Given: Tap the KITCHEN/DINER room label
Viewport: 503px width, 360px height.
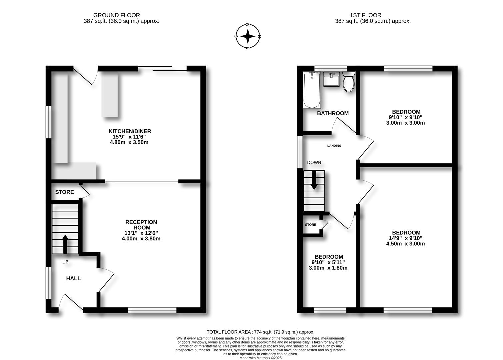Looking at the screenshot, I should pos(130,131).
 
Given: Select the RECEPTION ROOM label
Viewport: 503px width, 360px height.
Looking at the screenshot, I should pos(141,225).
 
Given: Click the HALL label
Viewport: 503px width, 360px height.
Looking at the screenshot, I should pos(73,278).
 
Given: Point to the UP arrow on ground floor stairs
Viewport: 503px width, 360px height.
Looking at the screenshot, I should pos(65,244).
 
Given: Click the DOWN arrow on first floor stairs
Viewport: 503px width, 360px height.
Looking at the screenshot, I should pos(314,182).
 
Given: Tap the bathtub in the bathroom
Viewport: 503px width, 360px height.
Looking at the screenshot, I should pos(312,90).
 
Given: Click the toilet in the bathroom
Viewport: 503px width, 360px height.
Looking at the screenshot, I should pos(349,82).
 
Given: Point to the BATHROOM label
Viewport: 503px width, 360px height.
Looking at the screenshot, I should pos(333,113).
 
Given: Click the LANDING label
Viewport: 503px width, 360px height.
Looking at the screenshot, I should pos(334,146).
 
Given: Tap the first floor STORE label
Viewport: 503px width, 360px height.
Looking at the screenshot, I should pos(310,225).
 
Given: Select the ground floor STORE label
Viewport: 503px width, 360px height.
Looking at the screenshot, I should pos(64,192).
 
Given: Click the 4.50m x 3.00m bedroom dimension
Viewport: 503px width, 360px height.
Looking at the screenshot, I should pos(406,244).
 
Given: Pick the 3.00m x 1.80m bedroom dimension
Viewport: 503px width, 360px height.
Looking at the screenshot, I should pos(328,268).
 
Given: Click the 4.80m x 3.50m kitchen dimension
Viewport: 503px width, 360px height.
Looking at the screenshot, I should pos(129,142).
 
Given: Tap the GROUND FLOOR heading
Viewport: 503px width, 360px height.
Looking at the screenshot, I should pos(116,15).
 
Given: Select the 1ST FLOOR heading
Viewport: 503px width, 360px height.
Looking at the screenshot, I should pos(365,15).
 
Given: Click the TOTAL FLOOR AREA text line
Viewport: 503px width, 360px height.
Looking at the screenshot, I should pos(260,332).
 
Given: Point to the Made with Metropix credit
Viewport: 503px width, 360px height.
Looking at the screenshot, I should pos(260,358).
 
